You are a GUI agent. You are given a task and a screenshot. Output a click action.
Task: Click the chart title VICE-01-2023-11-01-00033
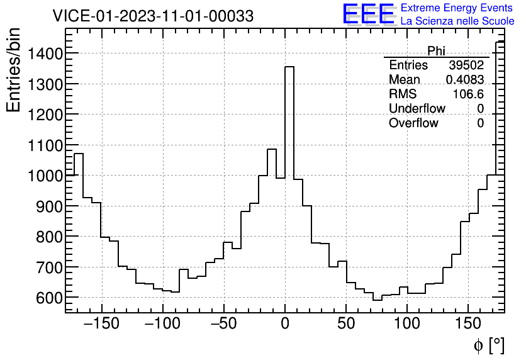pos(153,16)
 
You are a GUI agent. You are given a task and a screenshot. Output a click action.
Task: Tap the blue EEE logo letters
pos(368,14)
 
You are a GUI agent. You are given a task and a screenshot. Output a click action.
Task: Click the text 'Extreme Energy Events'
pos(457,8)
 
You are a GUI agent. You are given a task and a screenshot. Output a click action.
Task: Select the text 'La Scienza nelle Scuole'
pos(457,21)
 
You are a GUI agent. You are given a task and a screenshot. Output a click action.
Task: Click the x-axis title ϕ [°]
pos(488,345)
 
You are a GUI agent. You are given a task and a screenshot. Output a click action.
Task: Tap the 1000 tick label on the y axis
pos(44,176)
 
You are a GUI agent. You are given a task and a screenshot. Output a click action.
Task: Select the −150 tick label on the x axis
pos(101,324)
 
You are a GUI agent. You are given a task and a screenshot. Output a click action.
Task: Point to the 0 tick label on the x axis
pos(285,324)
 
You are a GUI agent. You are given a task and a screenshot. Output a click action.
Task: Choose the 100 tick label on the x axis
pos(407,324)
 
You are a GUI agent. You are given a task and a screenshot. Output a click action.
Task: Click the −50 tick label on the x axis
pos(223,324)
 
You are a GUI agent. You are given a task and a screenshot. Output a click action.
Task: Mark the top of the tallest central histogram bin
pos(289,67)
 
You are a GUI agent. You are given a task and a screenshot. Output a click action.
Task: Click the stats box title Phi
pos(436,51)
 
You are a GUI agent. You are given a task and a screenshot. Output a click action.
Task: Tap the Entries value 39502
pos(466,65)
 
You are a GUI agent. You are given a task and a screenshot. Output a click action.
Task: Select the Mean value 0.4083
pos(464,80)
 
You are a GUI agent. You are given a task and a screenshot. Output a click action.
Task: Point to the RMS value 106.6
pos(468,94)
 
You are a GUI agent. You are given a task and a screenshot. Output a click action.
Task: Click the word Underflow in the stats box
pos(417,108)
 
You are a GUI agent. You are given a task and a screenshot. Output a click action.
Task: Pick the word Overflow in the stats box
pos(413,123)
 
